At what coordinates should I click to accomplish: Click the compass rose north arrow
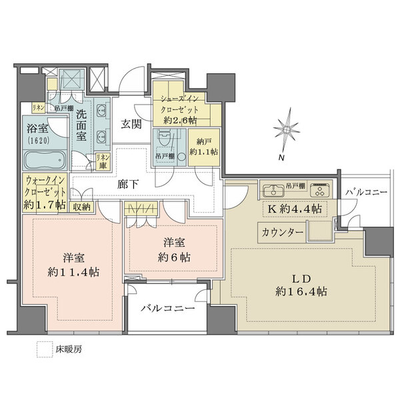point(287,130)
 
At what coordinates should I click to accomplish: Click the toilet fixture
point(165,141)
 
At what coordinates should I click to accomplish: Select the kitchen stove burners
point(318,191)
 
